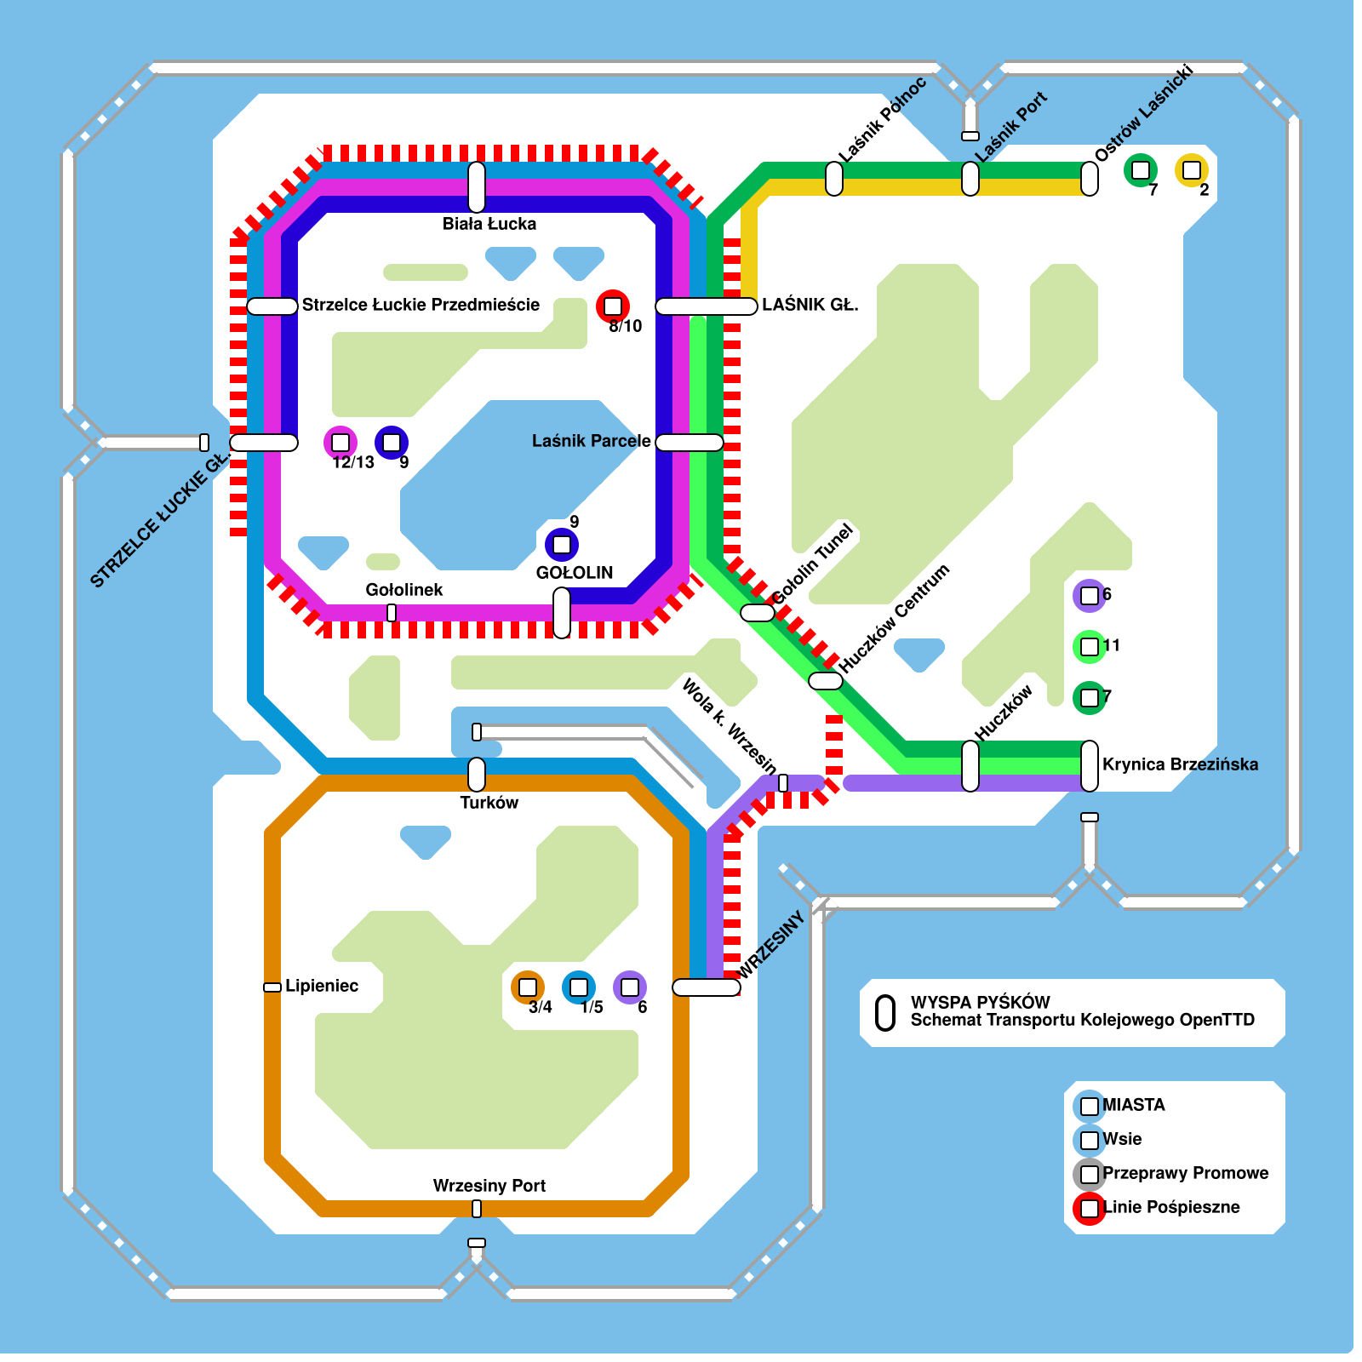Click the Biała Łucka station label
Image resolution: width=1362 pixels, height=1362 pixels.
489,224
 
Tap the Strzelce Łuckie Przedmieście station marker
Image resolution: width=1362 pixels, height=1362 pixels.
272,306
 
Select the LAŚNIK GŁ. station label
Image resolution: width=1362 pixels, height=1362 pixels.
810,305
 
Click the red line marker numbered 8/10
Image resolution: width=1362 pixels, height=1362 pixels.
613,306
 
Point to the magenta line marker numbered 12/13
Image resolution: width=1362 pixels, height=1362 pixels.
340,443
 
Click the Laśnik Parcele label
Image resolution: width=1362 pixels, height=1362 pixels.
591,441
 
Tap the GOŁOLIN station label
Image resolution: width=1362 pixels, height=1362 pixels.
575,573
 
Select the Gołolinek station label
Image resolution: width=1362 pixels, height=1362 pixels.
404,590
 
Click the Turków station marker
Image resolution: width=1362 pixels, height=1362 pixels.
477,775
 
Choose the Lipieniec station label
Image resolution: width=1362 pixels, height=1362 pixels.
322,986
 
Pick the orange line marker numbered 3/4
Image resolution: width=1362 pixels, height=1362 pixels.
528,987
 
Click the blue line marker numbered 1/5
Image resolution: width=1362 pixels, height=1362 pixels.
579,987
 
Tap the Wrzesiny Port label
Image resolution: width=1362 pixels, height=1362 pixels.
489,1186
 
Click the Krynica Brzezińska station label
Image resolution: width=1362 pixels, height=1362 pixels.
1180,764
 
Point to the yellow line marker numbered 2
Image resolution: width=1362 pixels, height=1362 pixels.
1192,170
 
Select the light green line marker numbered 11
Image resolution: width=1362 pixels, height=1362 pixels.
1090,647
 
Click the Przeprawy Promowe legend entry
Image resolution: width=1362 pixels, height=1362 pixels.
1185,1173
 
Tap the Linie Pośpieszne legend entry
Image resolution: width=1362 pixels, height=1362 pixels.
1171,1207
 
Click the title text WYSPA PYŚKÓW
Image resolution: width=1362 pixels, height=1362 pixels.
980,1002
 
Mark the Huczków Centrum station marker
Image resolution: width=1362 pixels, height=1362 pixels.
826,681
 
